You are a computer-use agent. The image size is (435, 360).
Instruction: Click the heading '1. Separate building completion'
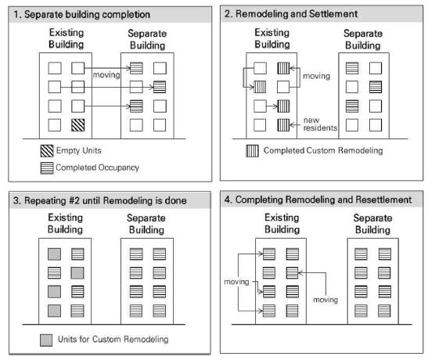[82, 14]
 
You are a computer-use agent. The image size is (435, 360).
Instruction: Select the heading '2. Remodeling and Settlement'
[291, 13]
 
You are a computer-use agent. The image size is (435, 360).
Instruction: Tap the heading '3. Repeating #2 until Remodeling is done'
[100, 200]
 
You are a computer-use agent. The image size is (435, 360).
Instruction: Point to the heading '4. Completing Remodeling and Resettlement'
[318, 200]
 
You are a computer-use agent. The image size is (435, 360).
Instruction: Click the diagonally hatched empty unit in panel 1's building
[77, 125]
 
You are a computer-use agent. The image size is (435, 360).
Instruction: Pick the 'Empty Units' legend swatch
[47, 151]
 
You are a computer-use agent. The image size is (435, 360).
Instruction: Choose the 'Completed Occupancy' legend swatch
[47, 168]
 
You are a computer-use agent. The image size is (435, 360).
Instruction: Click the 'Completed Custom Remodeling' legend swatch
[252, 151]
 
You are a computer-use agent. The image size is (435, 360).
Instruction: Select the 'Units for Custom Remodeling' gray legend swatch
[46, 340]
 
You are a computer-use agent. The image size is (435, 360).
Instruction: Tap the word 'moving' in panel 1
[106, 75]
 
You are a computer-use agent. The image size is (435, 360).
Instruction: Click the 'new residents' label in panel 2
[320, 124]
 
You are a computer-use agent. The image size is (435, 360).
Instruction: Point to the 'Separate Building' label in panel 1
[147, 39]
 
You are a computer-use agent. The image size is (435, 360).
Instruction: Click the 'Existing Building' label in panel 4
[282, 224]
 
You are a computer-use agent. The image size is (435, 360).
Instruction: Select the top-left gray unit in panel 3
[54, 254]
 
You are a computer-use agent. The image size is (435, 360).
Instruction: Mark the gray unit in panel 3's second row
[77, 273]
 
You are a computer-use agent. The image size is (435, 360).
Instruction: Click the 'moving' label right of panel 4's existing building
[325, 300]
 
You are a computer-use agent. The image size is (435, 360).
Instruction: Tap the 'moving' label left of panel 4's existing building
[236, 282]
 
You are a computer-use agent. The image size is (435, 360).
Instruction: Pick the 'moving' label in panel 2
[316, 76]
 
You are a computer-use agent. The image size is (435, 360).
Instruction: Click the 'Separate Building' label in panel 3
[146, 224]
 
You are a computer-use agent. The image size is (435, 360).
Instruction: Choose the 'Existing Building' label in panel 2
[272, 38]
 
